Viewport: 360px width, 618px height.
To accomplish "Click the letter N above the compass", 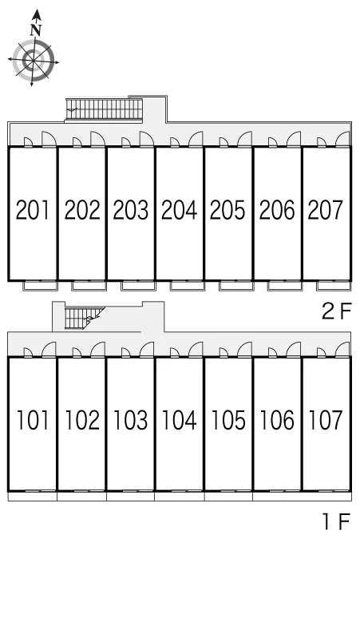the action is (36, 30).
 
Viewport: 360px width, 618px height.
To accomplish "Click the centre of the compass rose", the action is (33, 61).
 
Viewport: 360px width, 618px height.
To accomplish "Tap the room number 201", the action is (33, 210).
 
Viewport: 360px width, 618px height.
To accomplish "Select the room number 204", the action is (180, 210).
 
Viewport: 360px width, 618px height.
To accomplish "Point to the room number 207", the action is (326, 210).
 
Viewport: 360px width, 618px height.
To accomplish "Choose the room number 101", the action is (33, 420).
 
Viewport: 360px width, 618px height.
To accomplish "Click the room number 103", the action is (130, 420).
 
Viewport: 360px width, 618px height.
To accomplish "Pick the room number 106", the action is (277, 420).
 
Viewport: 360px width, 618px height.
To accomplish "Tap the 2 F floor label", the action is (336, 311).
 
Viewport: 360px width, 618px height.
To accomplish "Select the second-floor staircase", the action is (104, 109).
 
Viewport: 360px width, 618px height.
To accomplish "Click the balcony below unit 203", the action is (138, 286).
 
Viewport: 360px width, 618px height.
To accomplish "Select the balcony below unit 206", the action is (285, 286).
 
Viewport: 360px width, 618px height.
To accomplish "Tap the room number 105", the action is (228, 420).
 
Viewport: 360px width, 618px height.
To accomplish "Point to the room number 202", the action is (82, 210).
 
